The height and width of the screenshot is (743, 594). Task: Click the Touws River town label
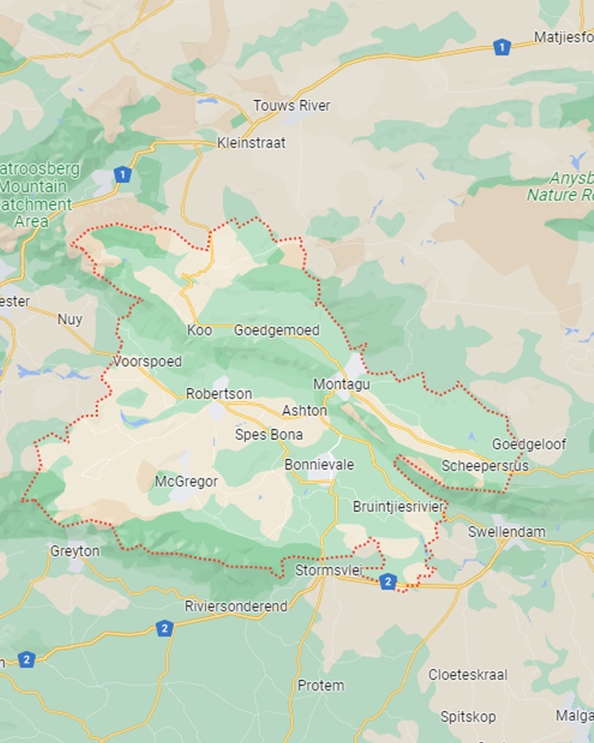[x=291, y=106]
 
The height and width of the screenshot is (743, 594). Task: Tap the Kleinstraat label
[x=251, y=143]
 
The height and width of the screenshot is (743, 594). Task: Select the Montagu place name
[x=342, y=385]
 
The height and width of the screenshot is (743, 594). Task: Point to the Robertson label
[x=219, y=393]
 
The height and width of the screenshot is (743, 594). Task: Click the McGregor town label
[x=186, y=481]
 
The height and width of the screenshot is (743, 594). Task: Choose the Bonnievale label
[x=319, y=465]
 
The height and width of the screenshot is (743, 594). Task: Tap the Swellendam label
[x=506, y=532]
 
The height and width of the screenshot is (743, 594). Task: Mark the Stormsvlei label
[x=329, y=571]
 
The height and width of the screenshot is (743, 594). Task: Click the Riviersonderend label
[x=236, y=607]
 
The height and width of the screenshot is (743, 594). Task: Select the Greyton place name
[x=75, y=551]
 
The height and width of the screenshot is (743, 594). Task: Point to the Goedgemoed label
[x=276, y=330]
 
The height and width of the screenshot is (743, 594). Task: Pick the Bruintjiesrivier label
[x=399, y=507]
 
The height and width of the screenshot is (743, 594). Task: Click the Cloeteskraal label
[x=468, y=675]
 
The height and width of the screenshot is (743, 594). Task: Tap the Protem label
[x=321, y=686]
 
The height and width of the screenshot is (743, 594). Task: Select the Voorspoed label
[x=147, y=361]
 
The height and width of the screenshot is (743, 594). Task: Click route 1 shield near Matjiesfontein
[x=502, y=47]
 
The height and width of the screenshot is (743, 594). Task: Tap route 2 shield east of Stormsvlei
[x=388, y=581]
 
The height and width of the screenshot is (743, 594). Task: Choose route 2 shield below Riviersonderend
[x=165, y=628]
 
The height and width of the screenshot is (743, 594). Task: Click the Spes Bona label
[x=268, y=435]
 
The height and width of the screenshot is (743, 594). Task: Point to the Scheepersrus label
[x=485, y=466]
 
